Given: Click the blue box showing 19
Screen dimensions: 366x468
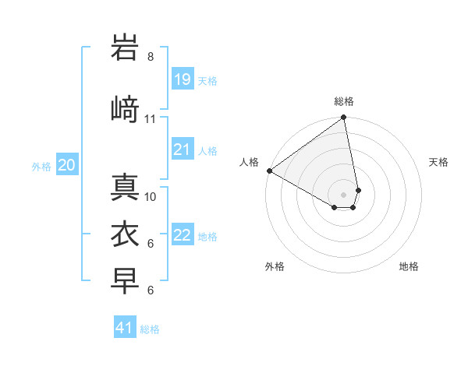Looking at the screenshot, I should pos(183,79).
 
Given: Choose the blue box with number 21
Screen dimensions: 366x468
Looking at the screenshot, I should pos(183,150).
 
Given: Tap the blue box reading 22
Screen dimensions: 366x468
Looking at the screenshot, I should pos(183,235).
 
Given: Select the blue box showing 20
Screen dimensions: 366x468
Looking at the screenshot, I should pos(66,165).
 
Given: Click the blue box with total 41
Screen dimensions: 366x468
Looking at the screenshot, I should pos(126,328).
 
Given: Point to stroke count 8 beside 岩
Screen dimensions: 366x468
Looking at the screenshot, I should pos(151,57).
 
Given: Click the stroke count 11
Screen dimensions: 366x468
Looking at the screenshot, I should pos(151,119).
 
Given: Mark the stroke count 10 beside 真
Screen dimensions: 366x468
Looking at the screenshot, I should pos(151,196).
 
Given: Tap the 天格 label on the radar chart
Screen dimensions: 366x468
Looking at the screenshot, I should pos(439,162).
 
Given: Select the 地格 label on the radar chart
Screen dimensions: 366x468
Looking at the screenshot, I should pos(409,266).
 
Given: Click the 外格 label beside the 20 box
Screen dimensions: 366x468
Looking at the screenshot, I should pos(41,166).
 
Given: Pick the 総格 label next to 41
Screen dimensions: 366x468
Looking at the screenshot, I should pos(150,329).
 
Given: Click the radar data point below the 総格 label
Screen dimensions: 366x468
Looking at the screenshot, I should pos(344,118).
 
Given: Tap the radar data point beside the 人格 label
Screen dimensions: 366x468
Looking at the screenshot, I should pos(269,171).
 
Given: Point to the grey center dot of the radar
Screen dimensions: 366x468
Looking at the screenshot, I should pos(343,194).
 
